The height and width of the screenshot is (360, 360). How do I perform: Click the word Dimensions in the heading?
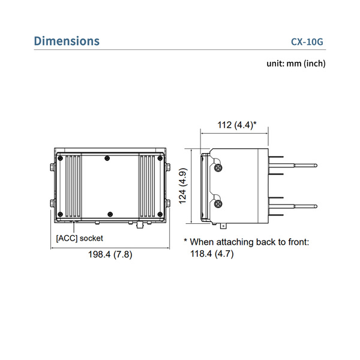(67, 41)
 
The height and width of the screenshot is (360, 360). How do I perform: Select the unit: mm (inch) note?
(296, 64)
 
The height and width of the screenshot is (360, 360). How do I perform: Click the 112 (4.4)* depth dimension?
(236, 125)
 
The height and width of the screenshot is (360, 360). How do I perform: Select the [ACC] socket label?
(80, 238)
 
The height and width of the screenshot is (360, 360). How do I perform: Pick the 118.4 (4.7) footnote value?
(212, 254)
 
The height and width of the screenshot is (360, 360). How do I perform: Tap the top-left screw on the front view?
(60, 158)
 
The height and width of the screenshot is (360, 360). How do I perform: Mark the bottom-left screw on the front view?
(60, 214)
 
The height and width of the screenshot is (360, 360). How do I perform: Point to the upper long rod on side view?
(300, 163)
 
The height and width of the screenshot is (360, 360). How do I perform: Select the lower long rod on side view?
(300, 206)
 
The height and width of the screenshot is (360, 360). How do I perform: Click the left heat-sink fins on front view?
(71, 186)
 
